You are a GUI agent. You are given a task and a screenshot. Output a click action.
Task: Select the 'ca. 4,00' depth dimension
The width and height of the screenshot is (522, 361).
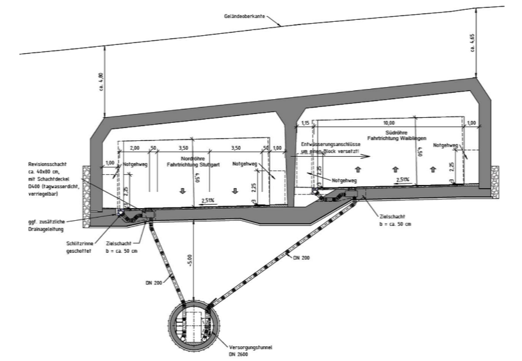99,81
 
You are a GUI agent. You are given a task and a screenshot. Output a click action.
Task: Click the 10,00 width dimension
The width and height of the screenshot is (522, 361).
389,122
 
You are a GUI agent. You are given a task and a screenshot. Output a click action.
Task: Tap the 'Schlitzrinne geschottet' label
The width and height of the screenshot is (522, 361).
79,247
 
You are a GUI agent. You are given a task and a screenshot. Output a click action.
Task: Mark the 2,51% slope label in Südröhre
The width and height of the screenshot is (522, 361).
402,180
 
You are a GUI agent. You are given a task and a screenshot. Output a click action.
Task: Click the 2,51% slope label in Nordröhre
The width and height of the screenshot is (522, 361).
208,200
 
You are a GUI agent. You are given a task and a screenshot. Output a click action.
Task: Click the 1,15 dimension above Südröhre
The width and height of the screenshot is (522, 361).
306,122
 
